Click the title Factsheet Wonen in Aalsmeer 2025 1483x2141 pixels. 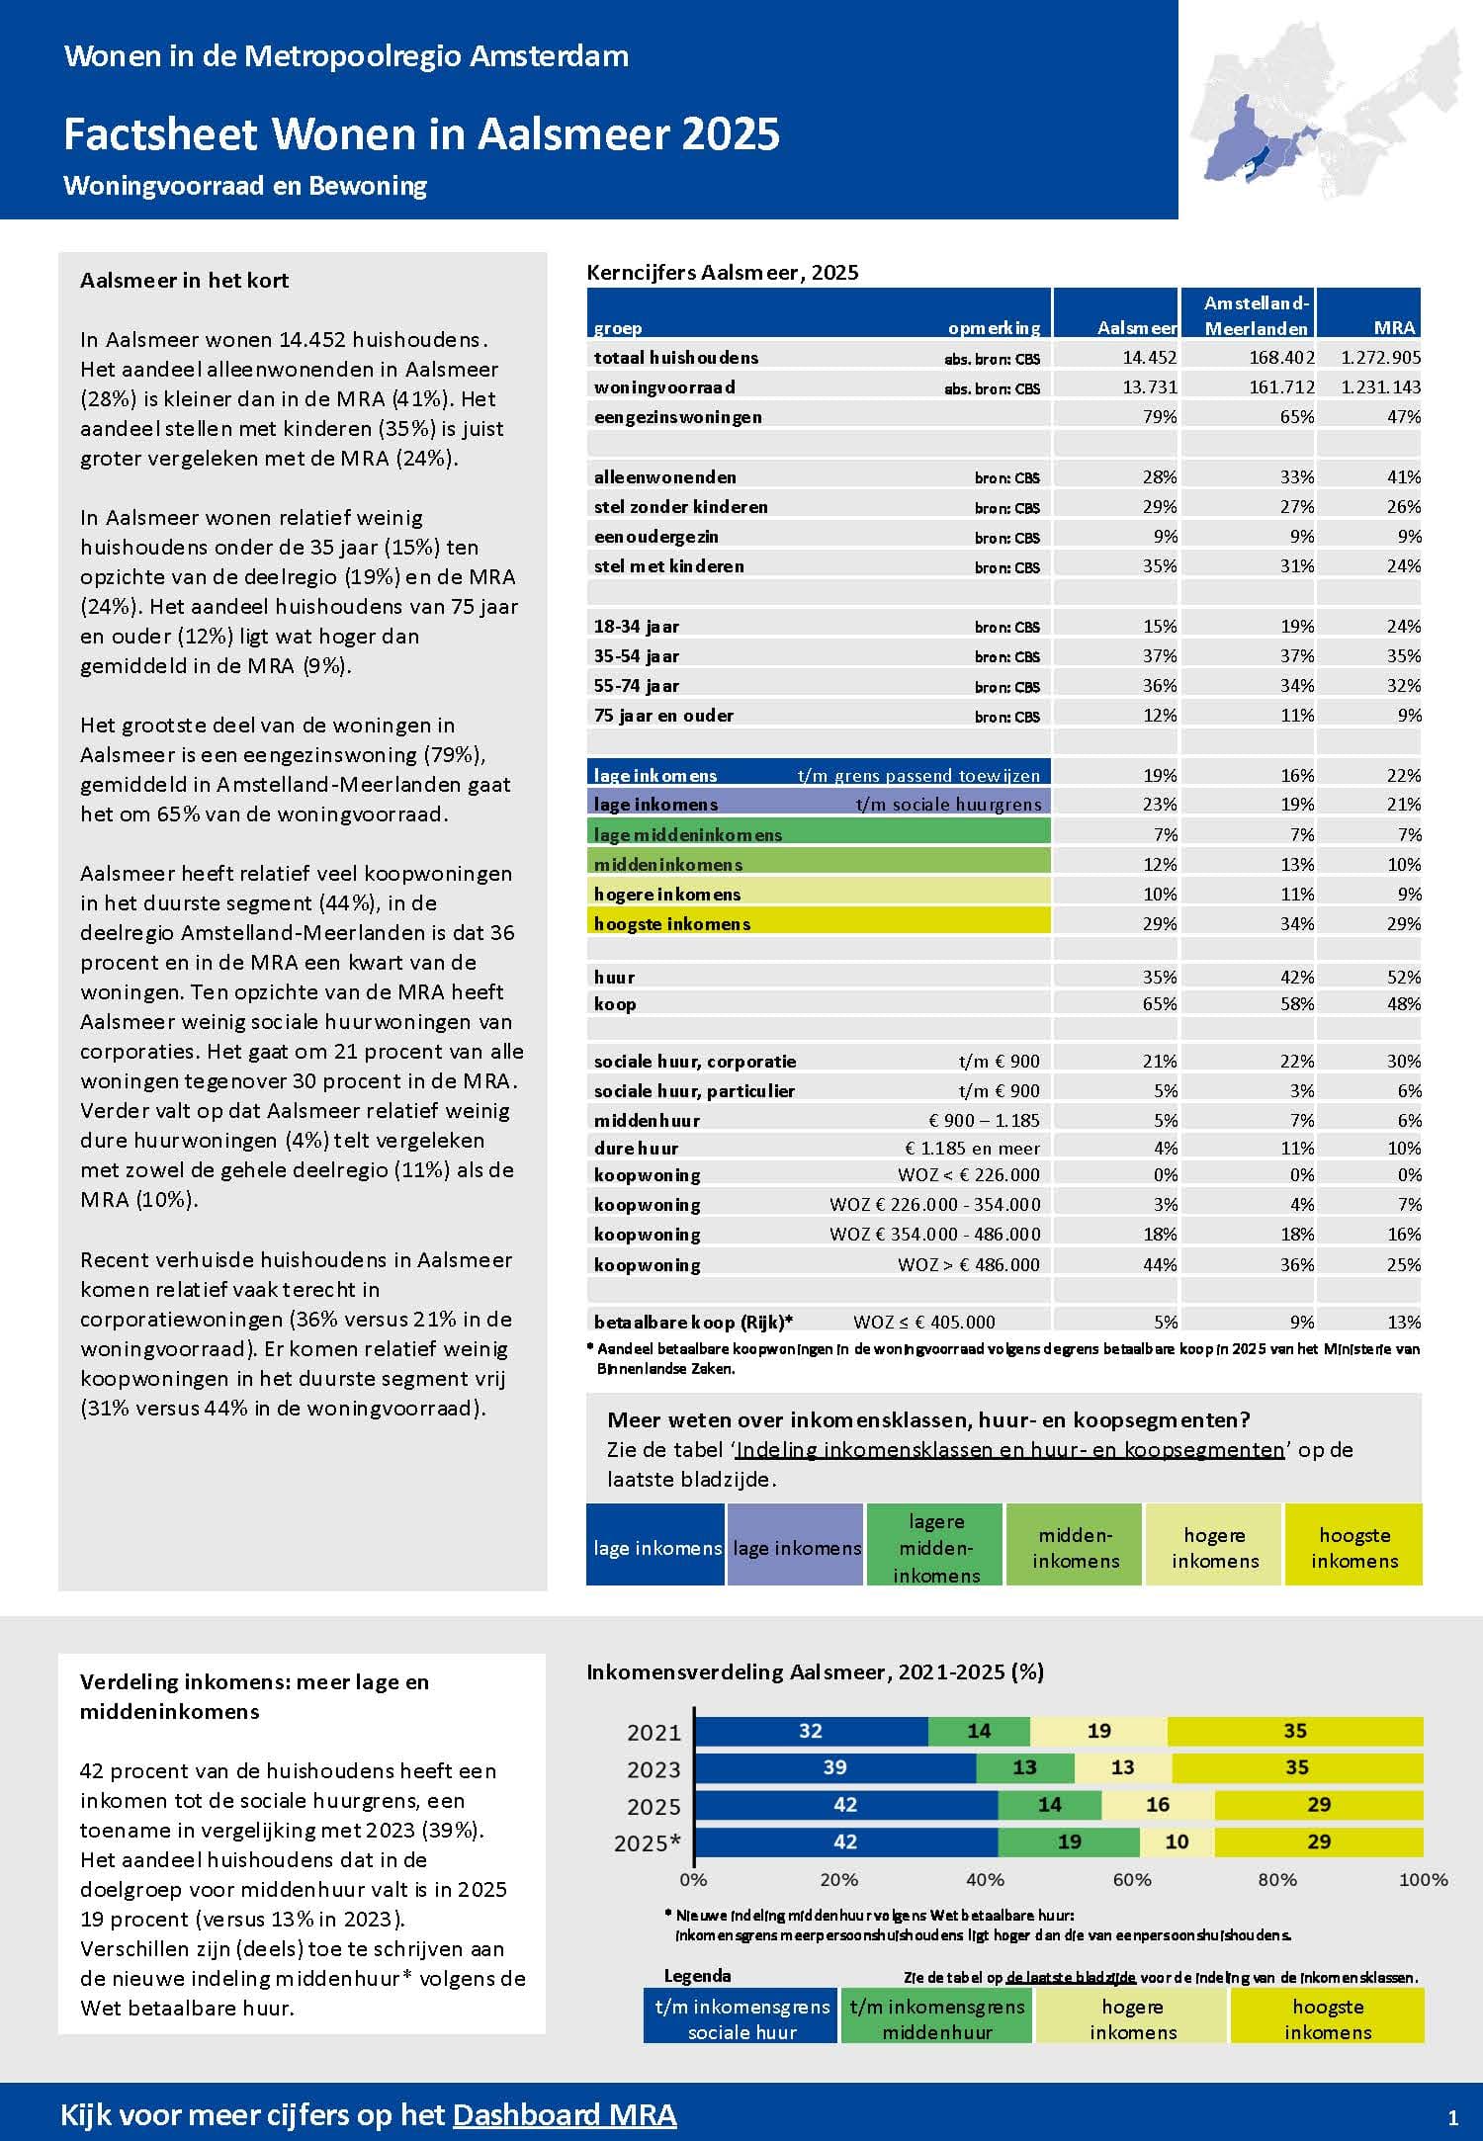pyautogui.click(x=421, y=134)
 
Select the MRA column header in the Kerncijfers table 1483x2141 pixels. pyautogui.click(x=1394, y=327)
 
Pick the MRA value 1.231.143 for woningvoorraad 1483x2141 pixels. pyautogui.click(x=1380, y=387)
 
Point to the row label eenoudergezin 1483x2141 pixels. pyautogui.click(x=656, y=537)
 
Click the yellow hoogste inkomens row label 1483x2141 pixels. pyautogui.click(x=672, y=923)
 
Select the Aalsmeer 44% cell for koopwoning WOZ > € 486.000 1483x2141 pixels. pyautogui.click(x=1160, y=1264)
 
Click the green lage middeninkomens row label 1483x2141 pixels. pyautogui.click(x=688, y=834)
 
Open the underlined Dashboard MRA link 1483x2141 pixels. pyautogui.click(x=565, y=2114)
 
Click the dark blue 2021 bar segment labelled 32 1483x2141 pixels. pyautogui.click(x=811, y=1731)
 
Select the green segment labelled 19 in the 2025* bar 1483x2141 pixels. pyautogui.click(x=1069, y=1841)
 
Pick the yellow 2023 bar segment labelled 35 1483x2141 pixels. pyautogui.click(x=1296, y=1767)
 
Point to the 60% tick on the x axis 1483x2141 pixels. pyautogui.click(x=1132, y=1879)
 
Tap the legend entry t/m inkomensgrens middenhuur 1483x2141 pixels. pyautogui.click(x=937, y=2019)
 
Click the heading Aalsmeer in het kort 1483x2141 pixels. pyautogui.click(x=184, y=281)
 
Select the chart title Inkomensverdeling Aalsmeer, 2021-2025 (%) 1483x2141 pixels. pyautogui.click(x=815, y=1671)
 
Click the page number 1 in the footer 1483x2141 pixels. pyautogui.click(x=1452, y=2117)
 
